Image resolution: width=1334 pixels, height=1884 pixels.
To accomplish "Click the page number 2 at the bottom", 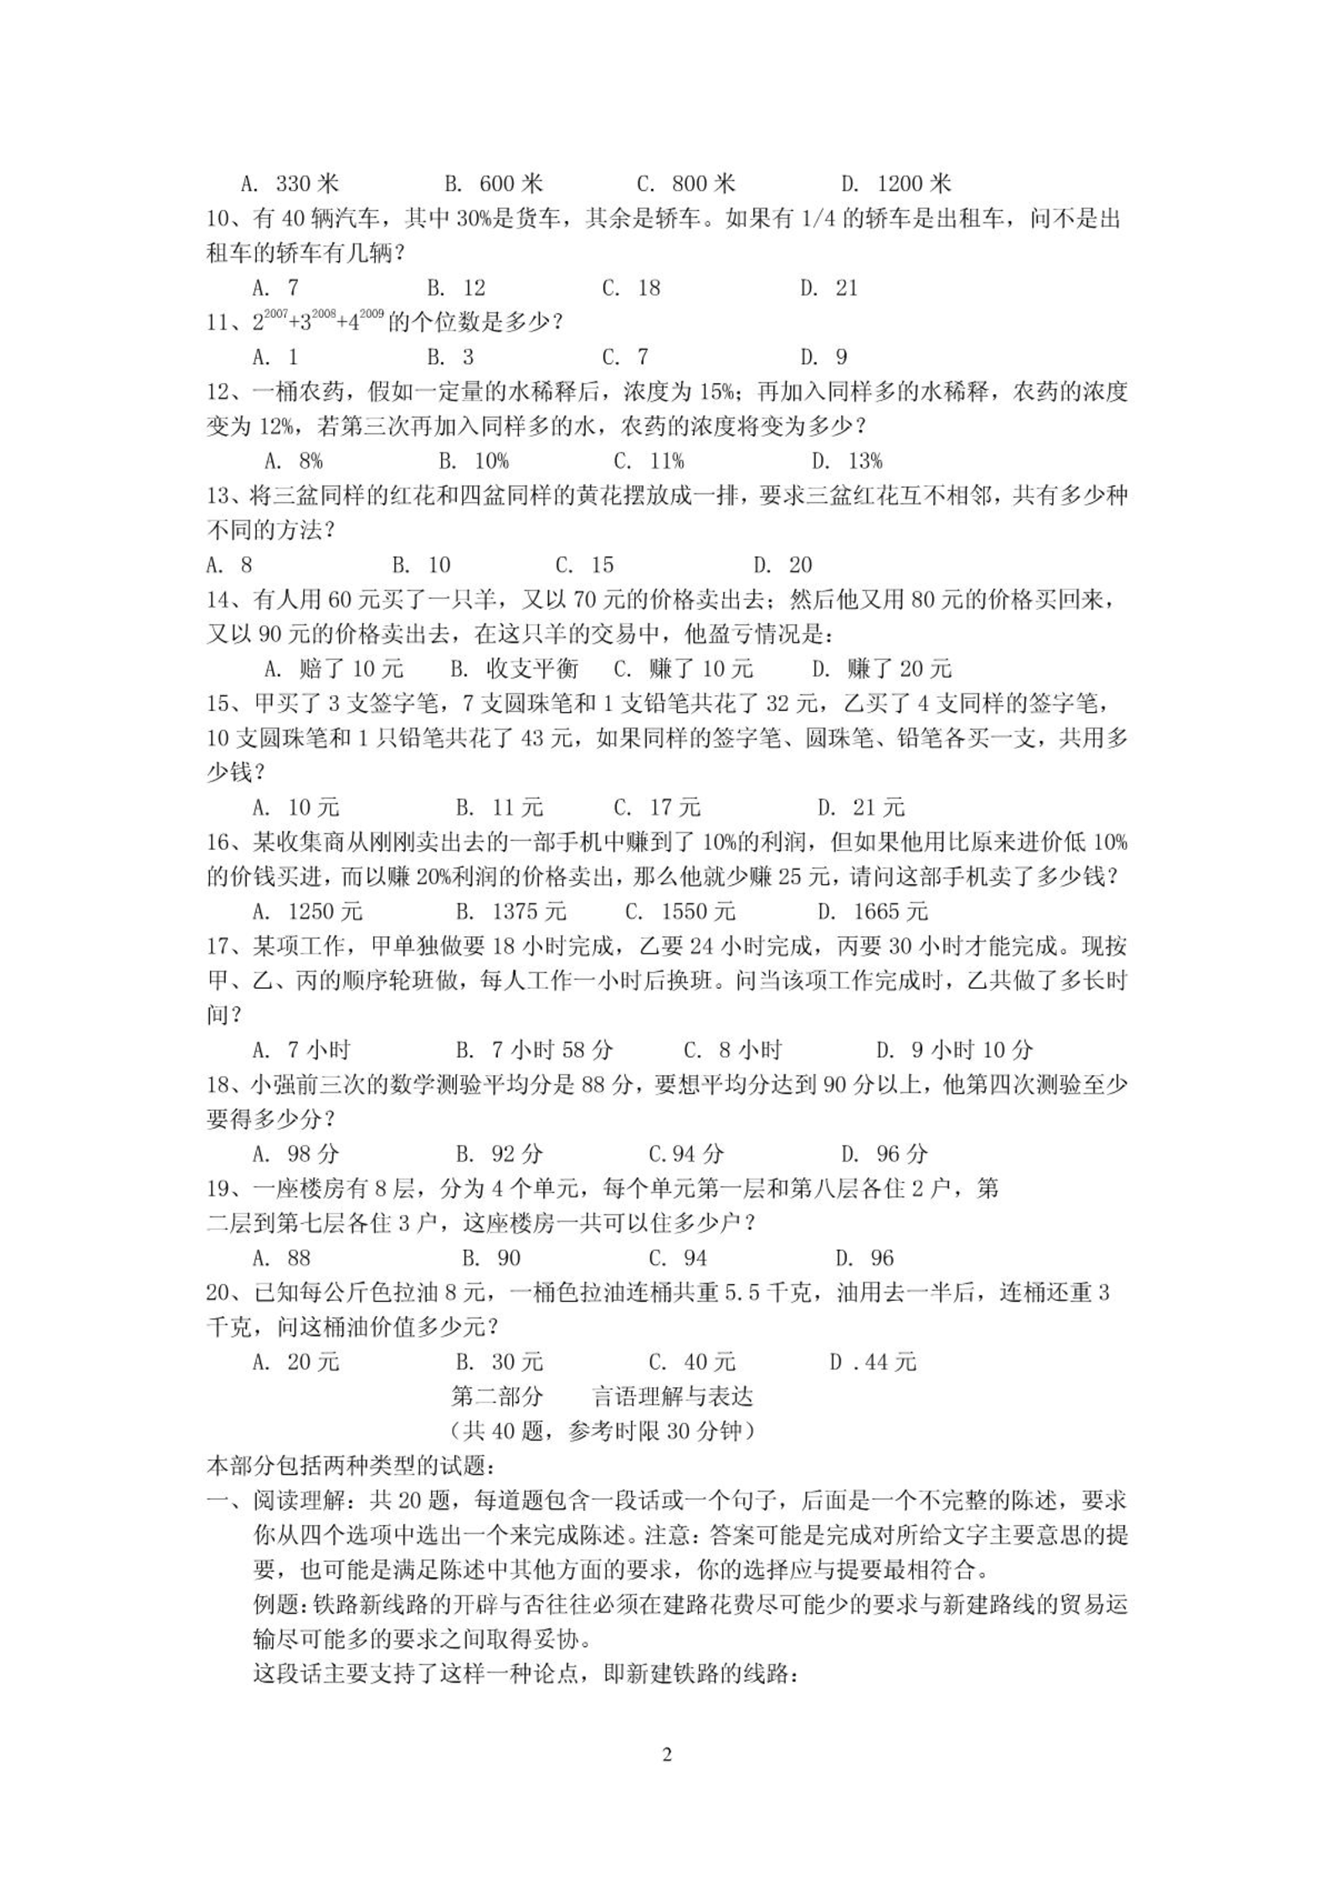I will [x=667, y=1755].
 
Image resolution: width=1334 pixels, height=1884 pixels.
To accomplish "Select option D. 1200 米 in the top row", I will [x=896, y=184].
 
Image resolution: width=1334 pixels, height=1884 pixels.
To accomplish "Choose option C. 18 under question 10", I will [x=631, y=289].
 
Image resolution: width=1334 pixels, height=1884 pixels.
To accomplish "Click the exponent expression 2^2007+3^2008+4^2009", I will [x=318, y=322].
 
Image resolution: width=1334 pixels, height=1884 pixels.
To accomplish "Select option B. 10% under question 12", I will [x=474, y=462].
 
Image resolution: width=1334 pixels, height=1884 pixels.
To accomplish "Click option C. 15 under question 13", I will [x=585, y=566].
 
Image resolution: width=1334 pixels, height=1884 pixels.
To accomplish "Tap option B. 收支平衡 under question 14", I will [x=514, y=669].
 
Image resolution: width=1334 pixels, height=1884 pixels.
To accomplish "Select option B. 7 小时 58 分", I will [x=534, y=1051].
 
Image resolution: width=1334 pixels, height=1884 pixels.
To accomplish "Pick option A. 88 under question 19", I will [x=281, y=1258].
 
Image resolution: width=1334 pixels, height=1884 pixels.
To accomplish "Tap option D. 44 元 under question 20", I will [x=873, y=1363].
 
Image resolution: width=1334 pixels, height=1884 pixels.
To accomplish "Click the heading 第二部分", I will [x=497, y=1397].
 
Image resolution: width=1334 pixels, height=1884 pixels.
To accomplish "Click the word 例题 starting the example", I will [x=275, y=1605].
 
